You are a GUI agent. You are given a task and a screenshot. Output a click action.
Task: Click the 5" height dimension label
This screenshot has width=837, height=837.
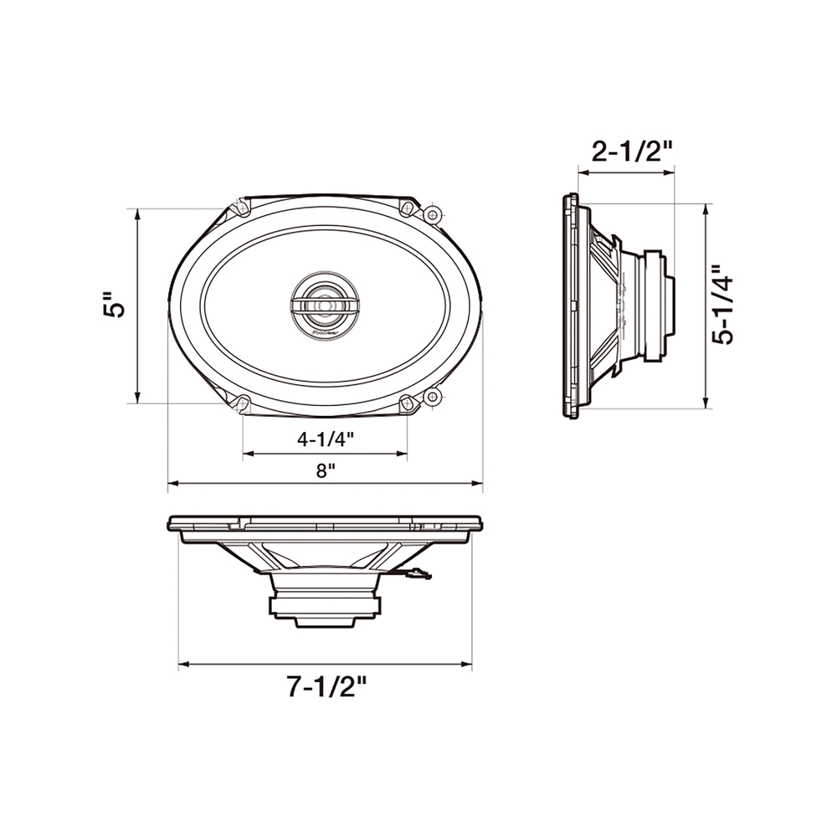(x=114, y=305)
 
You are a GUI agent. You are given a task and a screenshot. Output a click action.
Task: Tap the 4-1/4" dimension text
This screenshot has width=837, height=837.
(x=325, y=439)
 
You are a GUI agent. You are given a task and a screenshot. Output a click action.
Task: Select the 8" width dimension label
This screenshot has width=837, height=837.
(x=325, y=470)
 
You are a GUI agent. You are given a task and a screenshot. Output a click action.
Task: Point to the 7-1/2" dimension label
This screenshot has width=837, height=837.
(x=327, y=686)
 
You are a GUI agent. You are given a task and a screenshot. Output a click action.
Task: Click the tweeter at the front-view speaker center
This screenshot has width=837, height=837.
(x=325, y=306)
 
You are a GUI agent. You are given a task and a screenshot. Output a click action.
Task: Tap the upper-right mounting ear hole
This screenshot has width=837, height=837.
(x=433, y=216)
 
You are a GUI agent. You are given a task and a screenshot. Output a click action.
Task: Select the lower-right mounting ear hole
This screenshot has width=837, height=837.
(x=433, y=396)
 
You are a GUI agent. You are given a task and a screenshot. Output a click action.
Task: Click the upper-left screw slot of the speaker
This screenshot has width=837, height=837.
(x=242, y=207)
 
